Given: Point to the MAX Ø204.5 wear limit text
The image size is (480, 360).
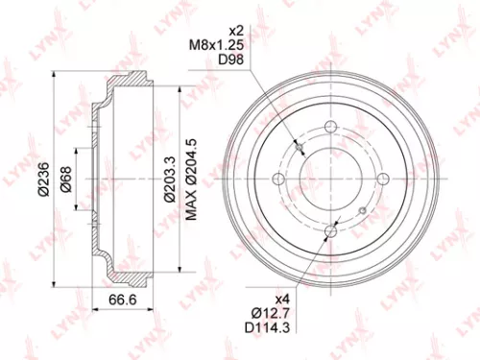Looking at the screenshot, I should [x=191, y=179].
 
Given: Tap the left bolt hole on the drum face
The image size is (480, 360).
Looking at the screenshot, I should [x=279, y=179].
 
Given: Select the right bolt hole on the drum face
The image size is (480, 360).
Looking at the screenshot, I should [x=381, y=178].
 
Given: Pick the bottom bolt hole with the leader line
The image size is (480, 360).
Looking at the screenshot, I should [x=330, y=228].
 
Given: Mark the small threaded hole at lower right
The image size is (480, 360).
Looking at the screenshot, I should [x=360, y=209].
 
